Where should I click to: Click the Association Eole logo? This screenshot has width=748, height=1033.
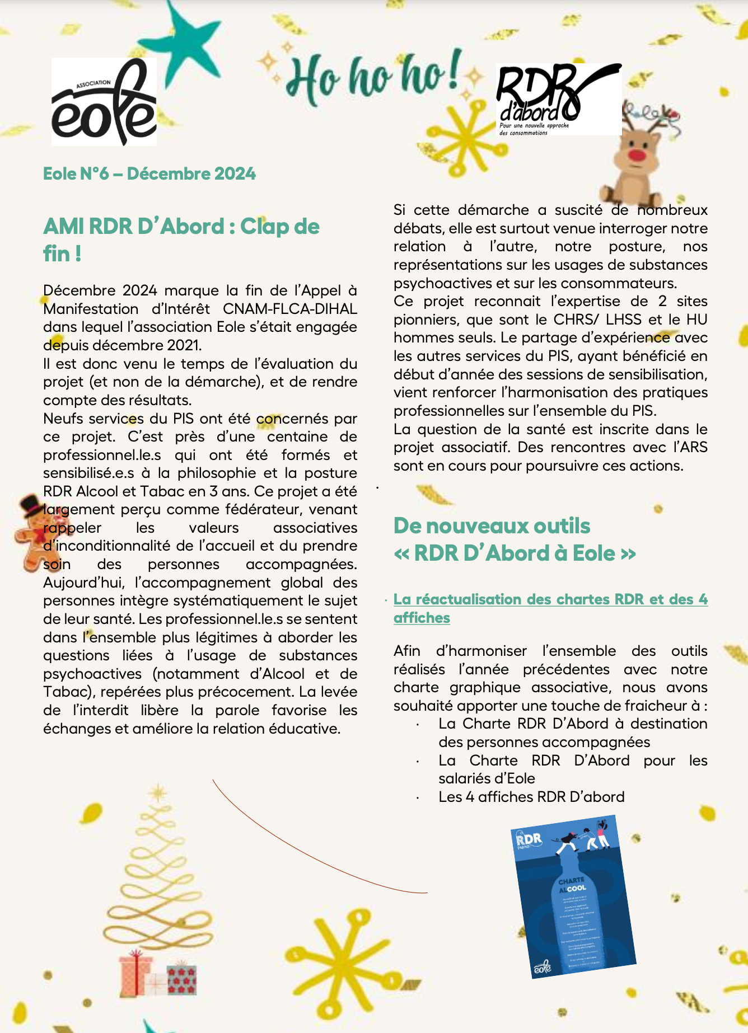pos(104,102)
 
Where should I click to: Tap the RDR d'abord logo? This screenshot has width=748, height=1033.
pos(558,99)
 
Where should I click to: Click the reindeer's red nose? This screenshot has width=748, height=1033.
pos(637,154)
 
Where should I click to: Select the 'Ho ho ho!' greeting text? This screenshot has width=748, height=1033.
pos(373,78)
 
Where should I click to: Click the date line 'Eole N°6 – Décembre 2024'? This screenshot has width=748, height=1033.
pos(149,173)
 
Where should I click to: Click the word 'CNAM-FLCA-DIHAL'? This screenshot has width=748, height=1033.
pos(289,309)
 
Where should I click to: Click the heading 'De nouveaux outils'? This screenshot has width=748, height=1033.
pos(492,526)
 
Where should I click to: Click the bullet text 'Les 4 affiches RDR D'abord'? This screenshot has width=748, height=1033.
pos(531,797)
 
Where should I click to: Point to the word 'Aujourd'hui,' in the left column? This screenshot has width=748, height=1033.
pos(83,583)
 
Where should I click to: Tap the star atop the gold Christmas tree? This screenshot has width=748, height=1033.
pos(159,792)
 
